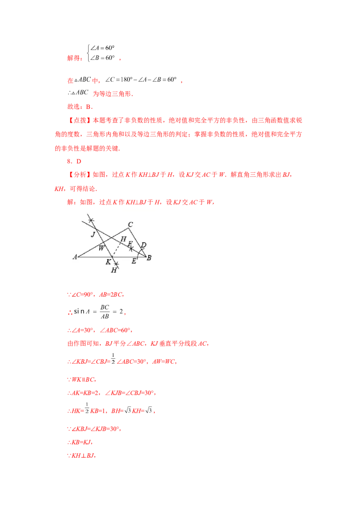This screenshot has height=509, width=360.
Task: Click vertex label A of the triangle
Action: coord(75,257)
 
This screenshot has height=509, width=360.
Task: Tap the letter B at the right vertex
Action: coord(149,258)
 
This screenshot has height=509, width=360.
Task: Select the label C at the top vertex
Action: coord(130,224)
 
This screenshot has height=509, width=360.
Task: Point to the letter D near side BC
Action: coord(144,245)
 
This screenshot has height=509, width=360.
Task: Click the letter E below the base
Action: coord(134,261)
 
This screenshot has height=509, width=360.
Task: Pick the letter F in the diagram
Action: coord(130,243)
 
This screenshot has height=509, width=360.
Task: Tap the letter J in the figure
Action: coord(93,234)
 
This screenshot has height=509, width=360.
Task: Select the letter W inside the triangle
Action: coord(101,248)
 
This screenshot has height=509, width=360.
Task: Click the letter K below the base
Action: coord(108,261)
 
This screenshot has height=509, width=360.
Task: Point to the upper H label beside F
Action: coord(123,239)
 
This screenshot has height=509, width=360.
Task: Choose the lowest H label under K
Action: coord(114,270)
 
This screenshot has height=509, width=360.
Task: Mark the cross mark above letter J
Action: coord(91,220)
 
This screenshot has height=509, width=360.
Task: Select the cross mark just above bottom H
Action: coord(116,264)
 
